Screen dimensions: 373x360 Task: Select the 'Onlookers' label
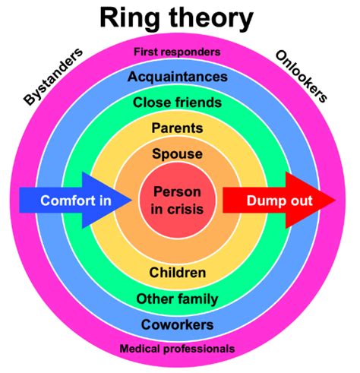302,76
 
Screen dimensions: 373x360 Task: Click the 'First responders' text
177,52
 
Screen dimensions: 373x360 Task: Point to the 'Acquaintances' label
177,77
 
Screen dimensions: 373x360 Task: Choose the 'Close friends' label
177,102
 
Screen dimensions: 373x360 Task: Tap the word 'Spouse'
177,154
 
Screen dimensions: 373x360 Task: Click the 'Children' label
177,272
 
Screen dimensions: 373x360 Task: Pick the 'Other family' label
177,299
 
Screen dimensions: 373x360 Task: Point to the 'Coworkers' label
177,324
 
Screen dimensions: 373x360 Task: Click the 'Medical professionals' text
177,349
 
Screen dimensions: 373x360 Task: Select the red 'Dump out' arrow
273,201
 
